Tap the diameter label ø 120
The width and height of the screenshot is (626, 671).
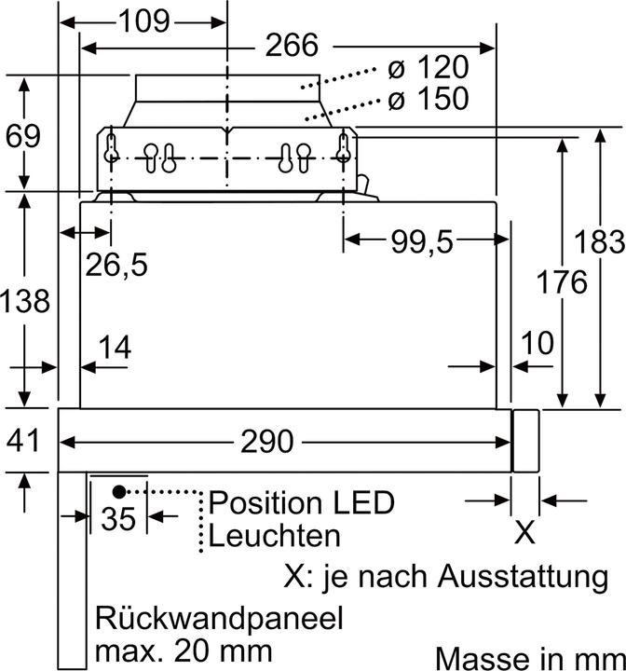[427, 69]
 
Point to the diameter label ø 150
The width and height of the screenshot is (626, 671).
[427, 99]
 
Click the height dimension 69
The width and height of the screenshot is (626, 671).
[23, 136]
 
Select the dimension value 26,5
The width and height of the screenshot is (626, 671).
[116, 265]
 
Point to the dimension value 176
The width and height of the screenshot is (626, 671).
[562, 281]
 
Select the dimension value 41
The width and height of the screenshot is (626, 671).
[23, 439]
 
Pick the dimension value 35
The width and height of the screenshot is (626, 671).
[119, 518]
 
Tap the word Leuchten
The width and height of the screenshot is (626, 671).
[274, 536]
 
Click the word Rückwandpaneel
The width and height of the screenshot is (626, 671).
[218, 619]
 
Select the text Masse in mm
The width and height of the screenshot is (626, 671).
[528, 657]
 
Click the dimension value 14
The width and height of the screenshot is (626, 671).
[115, 348]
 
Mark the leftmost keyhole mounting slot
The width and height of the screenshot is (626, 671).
[112, 150]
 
